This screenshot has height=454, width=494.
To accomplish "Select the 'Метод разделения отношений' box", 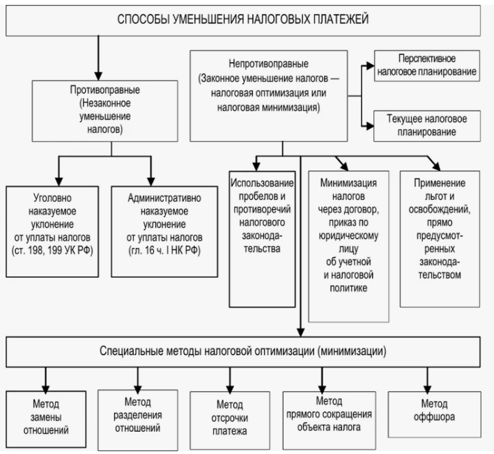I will tap(139, 416).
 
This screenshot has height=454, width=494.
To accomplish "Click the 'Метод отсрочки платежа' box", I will tap(230, 416).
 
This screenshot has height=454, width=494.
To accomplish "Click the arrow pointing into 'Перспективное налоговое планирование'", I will tap(366, 65).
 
